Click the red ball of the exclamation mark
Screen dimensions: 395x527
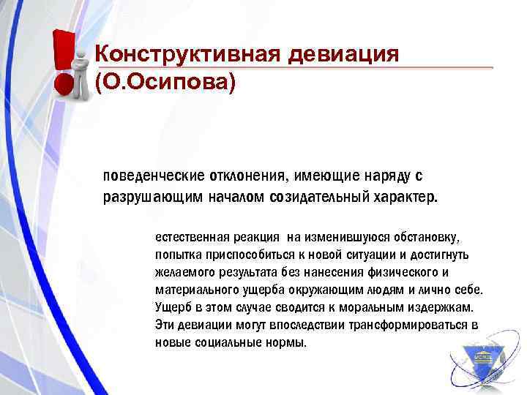(x=65, y=87)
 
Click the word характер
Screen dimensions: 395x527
(x=406, y=197)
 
